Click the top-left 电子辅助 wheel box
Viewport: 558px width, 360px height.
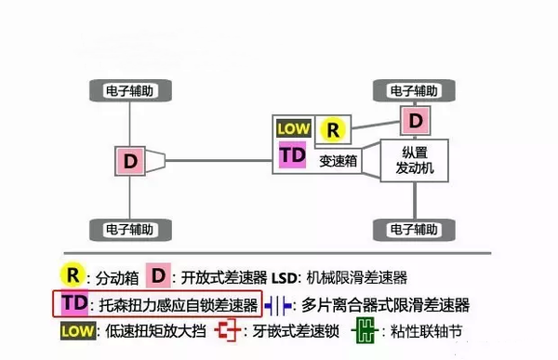click(x=130, y=91)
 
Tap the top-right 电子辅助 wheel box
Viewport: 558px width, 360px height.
click(x=413, y=91)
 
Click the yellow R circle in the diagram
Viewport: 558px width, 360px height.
click(x=334, y=130)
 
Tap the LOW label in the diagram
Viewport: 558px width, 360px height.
click(x=294, y=127)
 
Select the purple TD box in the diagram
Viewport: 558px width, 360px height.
click(x=293, y=156)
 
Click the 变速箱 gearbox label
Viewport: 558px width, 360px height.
click(x=338, y=160)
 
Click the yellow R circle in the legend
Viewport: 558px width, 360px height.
click(x=73, y=275)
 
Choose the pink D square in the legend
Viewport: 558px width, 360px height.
click(x=160, y=275)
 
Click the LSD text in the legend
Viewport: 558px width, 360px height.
click(x=285, y=276)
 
